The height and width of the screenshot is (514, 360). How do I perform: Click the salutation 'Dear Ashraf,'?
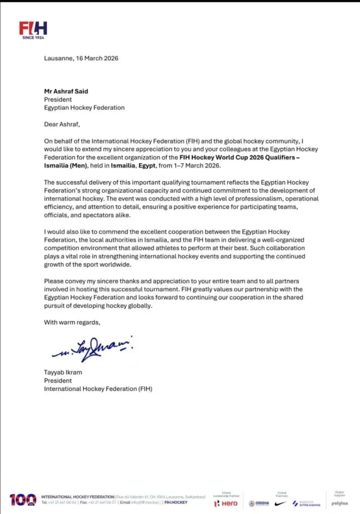[x=62, y=124]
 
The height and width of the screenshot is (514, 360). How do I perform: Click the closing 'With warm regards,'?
[x=72, y=322]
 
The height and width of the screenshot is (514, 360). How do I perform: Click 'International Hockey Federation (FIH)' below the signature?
[x=98, y=389]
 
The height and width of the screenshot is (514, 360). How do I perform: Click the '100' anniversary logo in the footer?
[x=23, y=500]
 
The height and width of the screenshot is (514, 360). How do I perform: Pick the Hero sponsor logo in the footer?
[x=226, y=503]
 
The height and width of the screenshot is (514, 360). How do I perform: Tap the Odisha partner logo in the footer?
[x=259, y=503]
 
